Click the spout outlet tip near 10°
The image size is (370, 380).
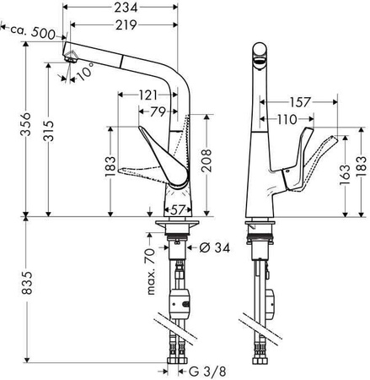[72, 58]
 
